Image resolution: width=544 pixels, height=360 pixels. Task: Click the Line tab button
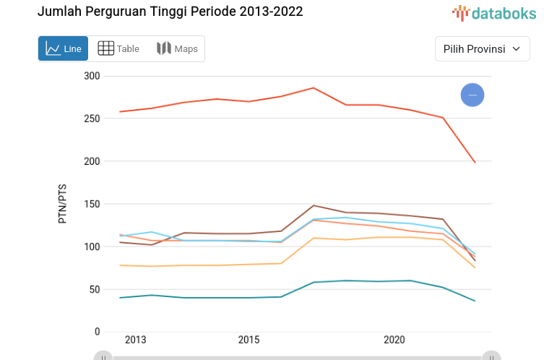point(64,48)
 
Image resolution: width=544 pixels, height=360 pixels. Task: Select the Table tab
point(118,48)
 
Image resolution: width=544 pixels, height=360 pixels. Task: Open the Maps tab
point(177,48)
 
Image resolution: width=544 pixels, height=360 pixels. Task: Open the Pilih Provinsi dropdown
point(482,49)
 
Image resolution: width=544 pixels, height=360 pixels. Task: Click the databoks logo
point(494,12)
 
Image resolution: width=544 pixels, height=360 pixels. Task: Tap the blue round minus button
point(472,95)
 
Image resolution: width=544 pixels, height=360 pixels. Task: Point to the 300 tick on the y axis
point(92,76)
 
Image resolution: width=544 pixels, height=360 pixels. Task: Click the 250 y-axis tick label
point(92,119)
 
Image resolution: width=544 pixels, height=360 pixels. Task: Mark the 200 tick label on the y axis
point(92,161)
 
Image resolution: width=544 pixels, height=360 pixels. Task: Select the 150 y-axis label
point(92,204)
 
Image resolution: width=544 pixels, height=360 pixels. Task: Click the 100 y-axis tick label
point(92,247)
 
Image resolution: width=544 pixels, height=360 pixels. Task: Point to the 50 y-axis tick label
point(95,289)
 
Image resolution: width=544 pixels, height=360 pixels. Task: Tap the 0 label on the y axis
point(97,332)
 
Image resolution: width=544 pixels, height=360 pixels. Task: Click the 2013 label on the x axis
point(135,340)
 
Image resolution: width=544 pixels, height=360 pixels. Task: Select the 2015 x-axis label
point(249,340)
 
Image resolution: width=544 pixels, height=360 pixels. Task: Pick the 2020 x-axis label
point(394,340)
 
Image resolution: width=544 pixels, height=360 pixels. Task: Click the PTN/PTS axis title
point(63,204)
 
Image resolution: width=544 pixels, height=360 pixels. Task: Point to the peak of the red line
point(314,88)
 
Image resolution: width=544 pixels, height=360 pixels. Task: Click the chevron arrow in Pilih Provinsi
point(516,49)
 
